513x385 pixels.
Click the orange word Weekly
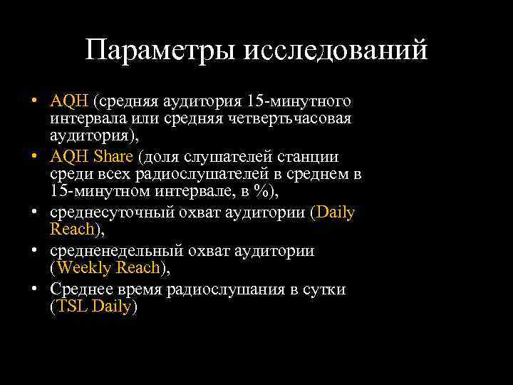[x=83, y=268]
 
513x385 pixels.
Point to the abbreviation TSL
[x=71, y=307]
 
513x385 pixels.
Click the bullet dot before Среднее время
[x=35, y=289]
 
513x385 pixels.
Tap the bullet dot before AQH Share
[x=35, y=156]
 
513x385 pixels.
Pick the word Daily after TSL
[x=111, y=307]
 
